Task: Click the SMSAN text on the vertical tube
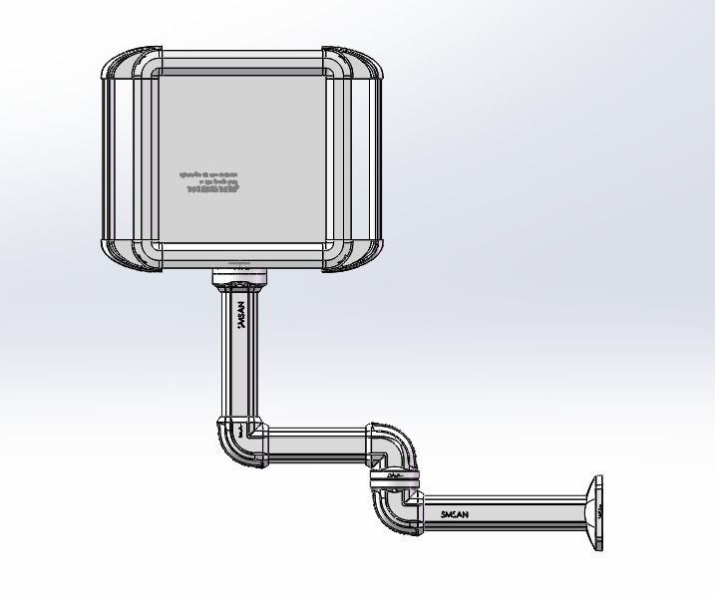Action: [x=240, y=316]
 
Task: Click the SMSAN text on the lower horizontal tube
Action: [x=455, y=514]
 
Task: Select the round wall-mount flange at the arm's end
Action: [x=596, y=512]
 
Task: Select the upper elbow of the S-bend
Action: [x=395, y=445]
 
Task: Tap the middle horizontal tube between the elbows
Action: [x=317, y=445]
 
